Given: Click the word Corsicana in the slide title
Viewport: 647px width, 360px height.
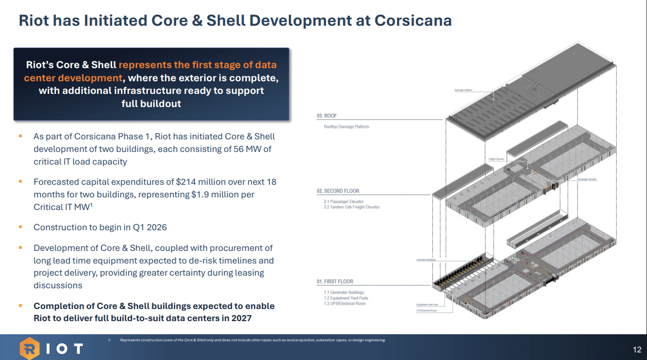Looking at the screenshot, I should coord(413,20).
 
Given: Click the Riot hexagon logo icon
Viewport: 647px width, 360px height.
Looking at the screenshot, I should coord(29,348).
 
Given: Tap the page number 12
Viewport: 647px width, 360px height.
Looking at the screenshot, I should coord(636,350).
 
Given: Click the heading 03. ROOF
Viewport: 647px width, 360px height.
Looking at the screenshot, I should coord(327,116).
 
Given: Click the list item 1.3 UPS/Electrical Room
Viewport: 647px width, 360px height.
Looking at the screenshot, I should coord(344,303).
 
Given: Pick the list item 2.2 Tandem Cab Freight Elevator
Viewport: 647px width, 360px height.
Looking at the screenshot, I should coord(352,207).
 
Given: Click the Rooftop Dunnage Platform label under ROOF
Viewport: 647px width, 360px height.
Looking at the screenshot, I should coord(346,127).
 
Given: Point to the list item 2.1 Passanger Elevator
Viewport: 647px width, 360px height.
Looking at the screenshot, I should coord(343,201).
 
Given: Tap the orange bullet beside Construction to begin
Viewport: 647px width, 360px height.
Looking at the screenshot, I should coord(21,227).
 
